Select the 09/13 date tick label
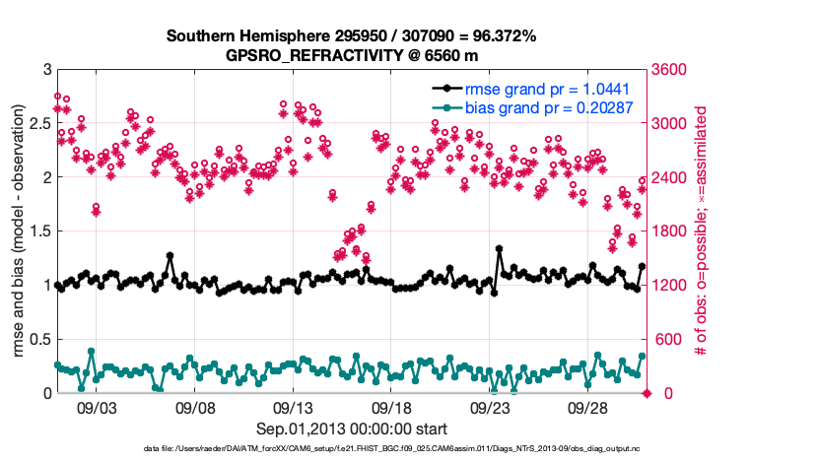click(x=294, y=407)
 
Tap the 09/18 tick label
click(x=392, y=407)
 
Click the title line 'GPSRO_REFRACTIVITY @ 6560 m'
click(x=351, y=55)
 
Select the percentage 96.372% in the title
click(x=497, y=36)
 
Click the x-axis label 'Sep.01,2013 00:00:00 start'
click(x=352, y=429)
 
